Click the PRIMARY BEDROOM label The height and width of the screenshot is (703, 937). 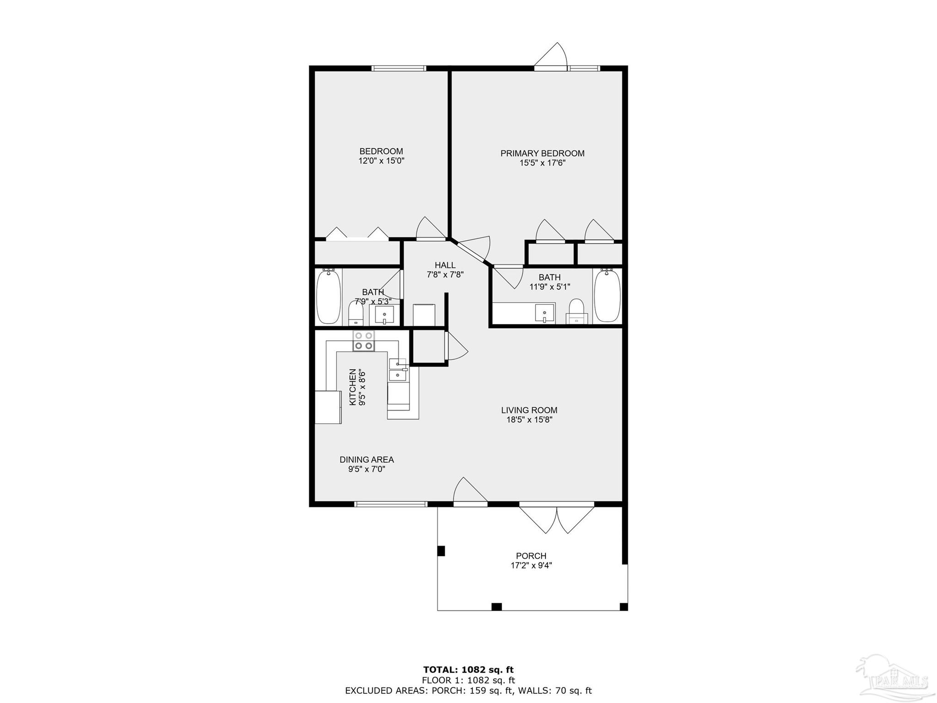[x=542, y=153]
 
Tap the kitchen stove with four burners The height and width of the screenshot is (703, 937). [x=364, y=341]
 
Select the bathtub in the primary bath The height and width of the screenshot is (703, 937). [x=607, y=296]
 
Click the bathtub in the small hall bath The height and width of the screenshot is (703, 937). [x=329, y=296]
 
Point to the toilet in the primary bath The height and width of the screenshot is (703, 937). [x=576, y=312]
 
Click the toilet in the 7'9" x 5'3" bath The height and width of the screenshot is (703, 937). [x=355, y=312]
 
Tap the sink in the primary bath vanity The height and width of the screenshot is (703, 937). [x=544, y=313]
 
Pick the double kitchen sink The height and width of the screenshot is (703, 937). [x=398, y=370]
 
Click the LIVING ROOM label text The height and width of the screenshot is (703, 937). [x=529, y=410]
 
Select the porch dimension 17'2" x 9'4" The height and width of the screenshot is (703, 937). [x=532, y=565]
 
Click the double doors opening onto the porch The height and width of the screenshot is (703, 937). [x=557, y=519]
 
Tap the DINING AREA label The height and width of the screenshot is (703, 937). [x=366, y=460]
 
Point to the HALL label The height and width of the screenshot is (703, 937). [x=445, y=265]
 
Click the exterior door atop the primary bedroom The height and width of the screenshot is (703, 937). [x=551, y=57]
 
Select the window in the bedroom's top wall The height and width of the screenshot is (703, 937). [x=399, y=69]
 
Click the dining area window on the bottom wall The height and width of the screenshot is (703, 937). [x=391, y=504]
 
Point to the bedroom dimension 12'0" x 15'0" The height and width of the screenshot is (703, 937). [x=382, y=161]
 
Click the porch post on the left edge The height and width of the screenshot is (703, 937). [x=441, y=551]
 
